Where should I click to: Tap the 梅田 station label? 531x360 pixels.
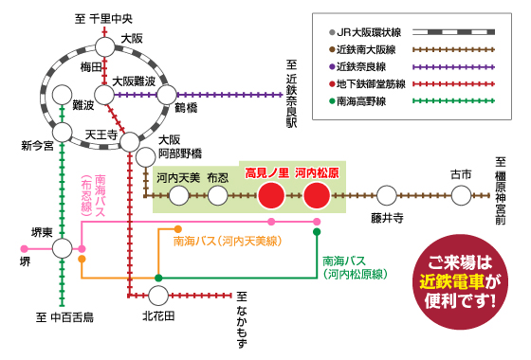coord(90,67)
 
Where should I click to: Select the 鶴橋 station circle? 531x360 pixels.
coord(167,94)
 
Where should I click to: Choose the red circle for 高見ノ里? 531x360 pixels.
coord(271,196)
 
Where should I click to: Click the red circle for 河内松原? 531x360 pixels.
coord(317,196)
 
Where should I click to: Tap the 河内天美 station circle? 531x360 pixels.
coord(178,196)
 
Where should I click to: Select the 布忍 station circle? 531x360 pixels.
coord(218,196)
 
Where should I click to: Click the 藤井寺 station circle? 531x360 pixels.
coord(387,196)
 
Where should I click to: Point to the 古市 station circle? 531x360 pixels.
coord(461,196)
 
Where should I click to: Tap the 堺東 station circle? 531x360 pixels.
coord(62,248)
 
